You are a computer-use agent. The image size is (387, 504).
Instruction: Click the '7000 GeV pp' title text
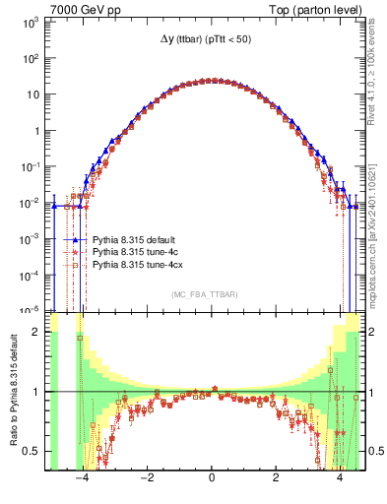coord(84,8)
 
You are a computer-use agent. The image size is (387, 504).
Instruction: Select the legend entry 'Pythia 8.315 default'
coord(136,239)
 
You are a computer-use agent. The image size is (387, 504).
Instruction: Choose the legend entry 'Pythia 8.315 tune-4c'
coord(136,252)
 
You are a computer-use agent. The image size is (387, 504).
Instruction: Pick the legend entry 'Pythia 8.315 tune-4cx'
coord(138,265)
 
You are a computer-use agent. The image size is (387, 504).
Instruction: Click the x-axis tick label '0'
coord(212,480)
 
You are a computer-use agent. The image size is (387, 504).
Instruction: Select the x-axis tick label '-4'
coord(82,480)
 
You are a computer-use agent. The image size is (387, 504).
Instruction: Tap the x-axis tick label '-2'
coord(147,480)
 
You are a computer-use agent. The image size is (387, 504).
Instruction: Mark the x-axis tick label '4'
coord(340,480)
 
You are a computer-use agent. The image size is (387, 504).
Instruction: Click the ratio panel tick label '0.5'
coord(32,451)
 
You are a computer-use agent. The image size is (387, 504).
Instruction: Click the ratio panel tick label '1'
coord(37,392)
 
